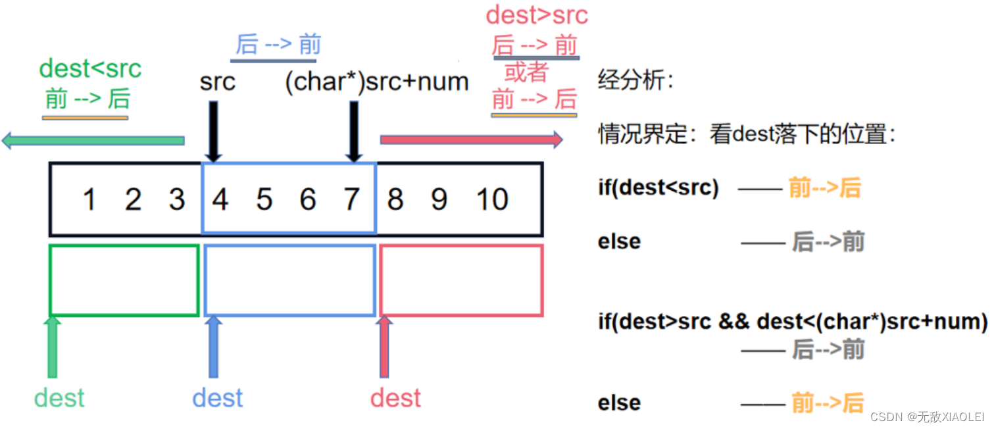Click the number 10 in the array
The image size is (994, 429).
click(492, 199)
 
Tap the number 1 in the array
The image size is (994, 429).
click(89, 199)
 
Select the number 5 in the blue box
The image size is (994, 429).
click(264, 199)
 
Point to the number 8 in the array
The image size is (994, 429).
click(395, 199)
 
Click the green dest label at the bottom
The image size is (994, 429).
click(59, 398)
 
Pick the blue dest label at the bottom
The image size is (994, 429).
click(218, 398)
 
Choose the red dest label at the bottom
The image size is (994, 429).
click(395, 398)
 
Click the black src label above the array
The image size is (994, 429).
click(217, 82)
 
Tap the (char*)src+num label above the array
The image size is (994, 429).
click(376, 82)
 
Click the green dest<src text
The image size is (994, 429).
click(90, 68)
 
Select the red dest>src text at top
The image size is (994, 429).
click(537, 14)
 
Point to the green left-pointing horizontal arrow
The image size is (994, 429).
click(93, 140)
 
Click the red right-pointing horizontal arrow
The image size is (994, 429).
click(471, 139)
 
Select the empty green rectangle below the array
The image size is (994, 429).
click(124, 280)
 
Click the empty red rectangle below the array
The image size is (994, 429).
click(462, 280)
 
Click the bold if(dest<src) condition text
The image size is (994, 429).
click(658, 188)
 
